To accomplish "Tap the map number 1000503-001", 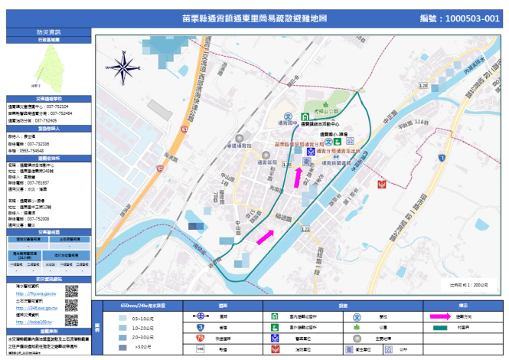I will tap(460, 18).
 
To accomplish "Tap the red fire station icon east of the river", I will tap(381, 185).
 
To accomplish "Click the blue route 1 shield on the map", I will tap(442, 156).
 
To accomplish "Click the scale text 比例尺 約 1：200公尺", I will tap(469, 284).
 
